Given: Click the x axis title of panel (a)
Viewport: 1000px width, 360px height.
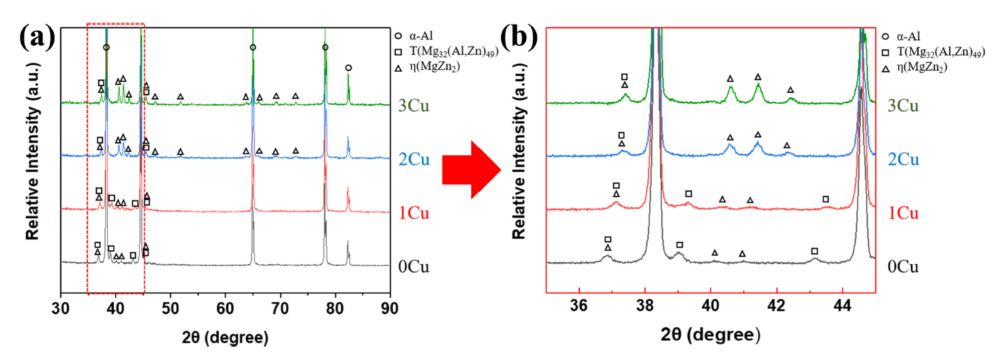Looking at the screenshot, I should click(x=225, y=336).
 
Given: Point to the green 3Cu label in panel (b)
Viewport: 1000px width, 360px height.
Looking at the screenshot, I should click(x=904, y=106).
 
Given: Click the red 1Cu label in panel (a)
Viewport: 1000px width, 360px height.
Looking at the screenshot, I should click(x=413, y=214).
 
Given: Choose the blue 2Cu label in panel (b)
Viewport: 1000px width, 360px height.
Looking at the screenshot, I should click(x=904, y=160).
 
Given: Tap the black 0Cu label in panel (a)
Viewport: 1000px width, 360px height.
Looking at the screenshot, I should click(x=413, y=268).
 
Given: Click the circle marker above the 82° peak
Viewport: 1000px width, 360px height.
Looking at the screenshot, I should click(x=348, y=68).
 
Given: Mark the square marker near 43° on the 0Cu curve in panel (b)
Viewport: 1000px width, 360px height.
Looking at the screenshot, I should click(x=814, y=251).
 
